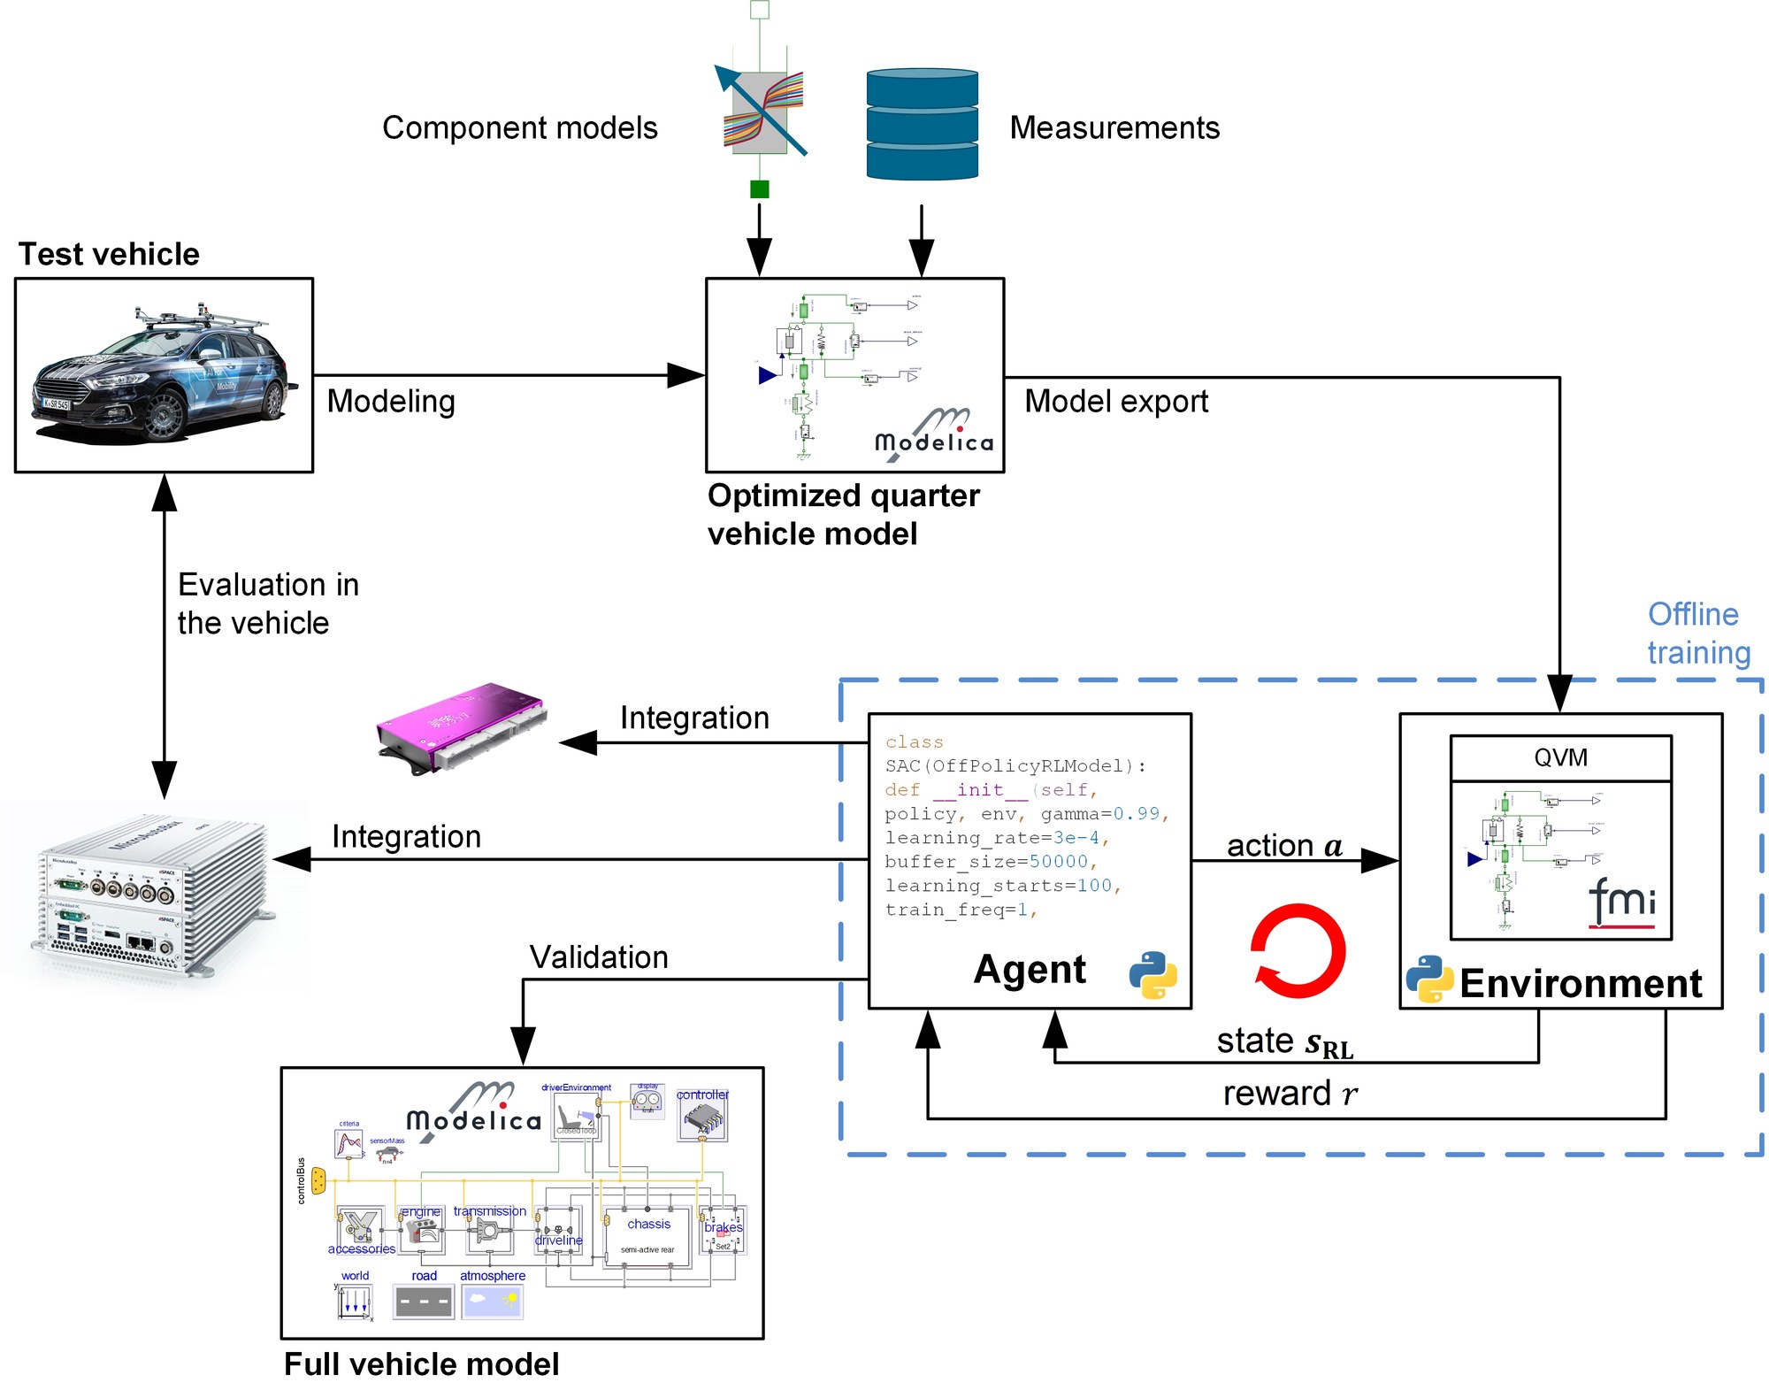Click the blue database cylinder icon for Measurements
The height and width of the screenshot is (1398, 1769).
coord(922,125)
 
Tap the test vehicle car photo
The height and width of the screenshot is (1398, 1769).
coord(161,376)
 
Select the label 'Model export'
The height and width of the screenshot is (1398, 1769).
coord(1115,402)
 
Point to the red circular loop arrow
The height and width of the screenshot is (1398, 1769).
coord(1298,950)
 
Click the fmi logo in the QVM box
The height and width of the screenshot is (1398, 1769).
coord(1621,902)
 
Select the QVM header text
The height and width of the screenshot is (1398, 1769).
coord(1560,757)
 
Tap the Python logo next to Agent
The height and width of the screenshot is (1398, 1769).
coord(1153,975)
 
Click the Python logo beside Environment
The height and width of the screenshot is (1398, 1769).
coord(1429,979)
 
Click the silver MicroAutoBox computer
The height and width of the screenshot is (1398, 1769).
coord(150,894)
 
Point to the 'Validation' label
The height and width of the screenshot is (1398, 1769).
coord(599,957)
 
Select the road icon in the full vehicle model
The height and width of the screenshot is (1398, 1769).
coord(424,1302)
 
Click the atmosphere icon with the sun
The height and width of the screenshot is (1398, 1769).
coord(493,1302)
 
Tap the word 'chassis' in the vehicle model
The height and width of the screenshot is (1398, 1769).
coord(648,1225)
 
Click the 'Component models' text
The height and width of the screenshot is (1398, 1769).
coord(519,128)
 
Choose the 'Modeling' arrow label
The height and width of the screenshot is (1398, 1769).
coord(390,402)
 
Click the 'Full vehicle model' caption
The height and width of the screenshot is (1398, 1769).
coord(421,1364)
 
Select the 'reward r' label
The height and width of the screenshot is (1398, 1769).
coord(1290,1095)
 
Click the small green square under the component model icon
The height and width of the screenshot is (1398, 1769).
coord(759,188)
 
